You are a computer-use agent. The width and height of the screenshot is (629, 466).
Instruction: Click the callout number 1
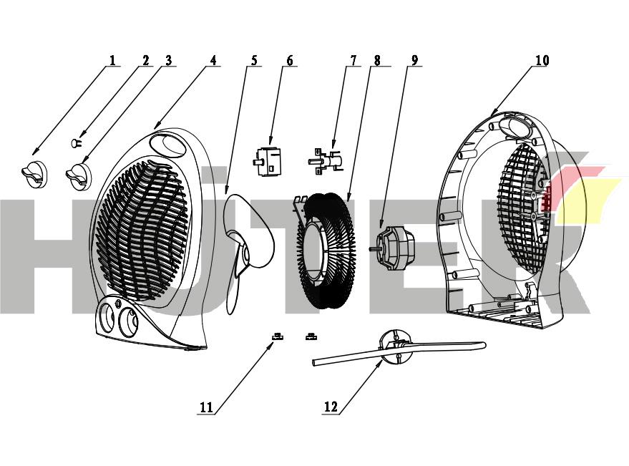coord(112,60)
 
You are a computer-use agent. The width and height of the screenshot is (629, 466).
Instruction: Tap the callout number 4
coord(213,60)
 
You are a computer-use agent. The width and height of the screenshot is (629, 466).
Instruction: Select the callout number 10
coord(542,60)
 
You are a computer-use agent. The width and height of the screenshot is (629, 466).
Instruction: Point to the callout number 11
coord(206,407)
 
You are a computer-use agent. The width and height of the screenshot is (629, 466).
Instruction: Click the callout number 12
coord(331,407)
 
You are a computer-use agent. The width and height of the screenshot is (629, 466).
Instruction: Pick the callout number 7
coord(351,60)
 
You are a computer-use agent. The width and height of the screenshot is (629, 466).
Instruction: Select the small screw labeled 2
coord(75,144)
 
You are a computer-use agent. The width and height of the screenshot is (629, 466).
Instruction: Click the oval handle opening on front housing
coord(171,146)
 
